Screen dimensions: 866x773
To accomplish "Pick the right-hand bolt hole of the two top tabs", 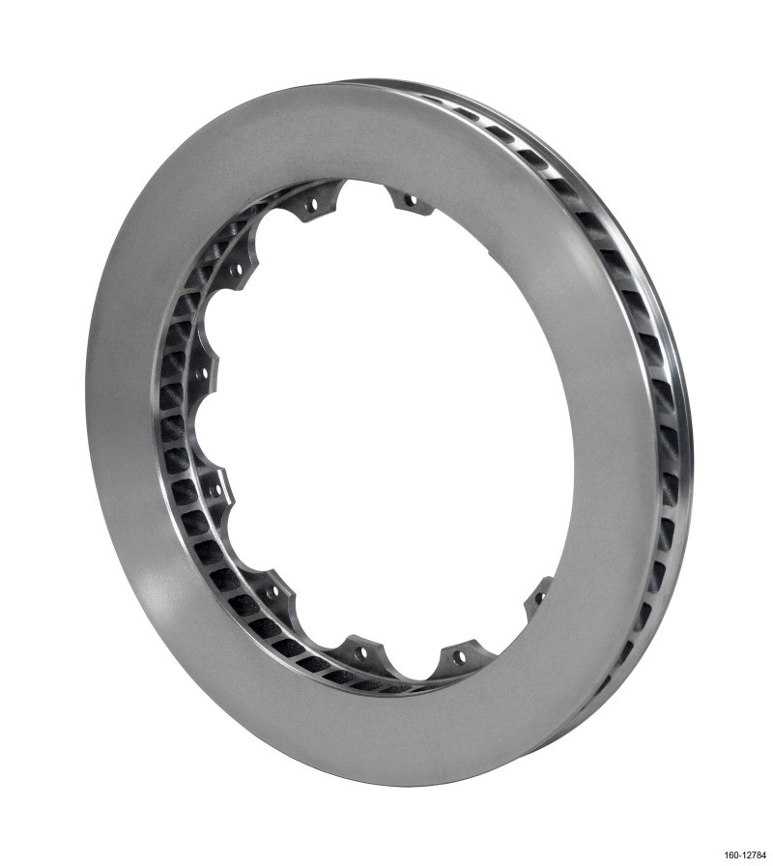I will point(411,201).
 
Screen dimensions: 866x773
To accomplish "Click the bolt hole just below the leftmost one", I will point(215,490).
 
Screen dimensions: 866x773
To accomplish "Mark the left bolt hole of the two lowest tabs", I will point(361,652).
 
